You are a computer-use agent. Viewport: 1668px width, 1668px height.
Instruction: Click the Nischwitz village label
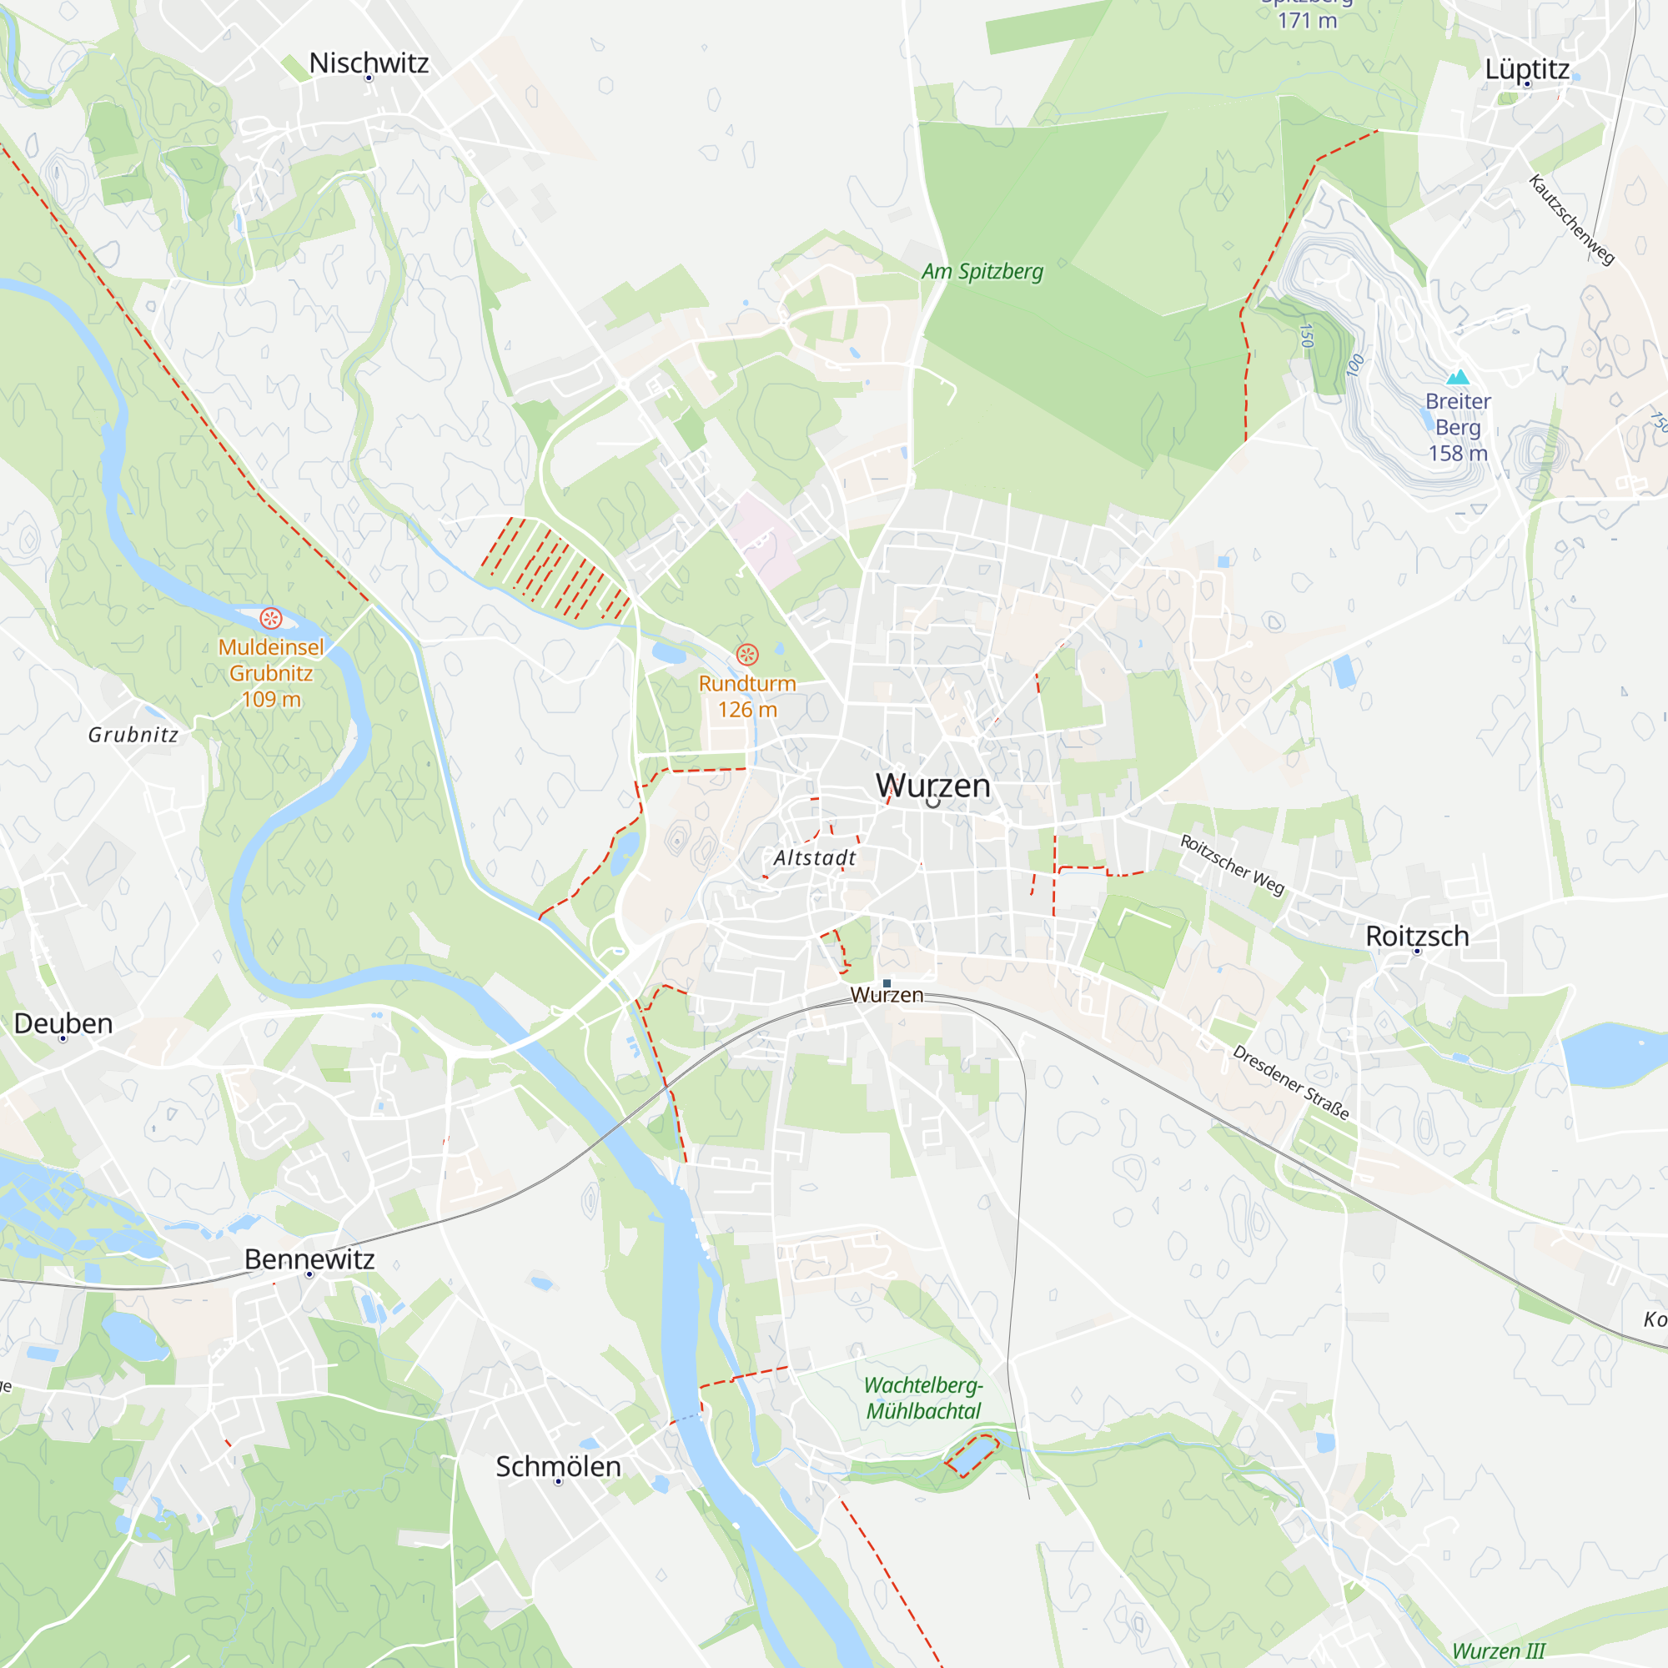[369, 63]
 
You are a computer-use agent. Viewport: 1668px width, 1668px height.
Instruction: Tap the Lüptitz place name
[1526, 69]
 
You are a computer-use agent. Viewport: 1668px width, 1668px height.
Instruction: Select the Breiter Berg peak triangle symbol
[1458, 377]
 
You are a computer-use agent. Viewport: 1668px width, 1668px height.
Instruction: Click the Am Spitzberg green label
[982, 271]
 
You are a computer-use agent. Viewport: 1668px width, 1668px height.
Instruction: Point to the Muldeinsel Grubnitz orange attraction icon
[271, 618]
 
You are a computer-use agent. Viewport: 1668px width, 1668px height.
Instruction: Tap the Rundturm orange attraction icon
[746, 656]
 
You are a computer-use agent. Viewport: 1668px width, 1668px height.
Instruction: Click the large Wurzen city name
[932, 785]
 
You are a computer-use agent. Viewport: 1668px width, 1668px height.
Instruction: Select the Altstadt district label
[814, 857]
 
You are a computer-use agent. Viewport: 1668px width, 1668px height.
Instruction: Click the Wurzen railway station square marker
[887, 983]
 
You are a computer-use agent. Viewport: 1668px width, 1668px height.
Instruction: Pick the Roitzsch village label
[1417, 936]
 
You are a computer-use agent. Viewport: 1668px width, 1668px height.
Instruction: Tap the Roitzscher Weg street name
[1232, 864]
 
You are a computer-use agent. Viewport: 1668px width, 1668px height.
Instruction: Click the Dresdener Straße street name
[1290, 1082]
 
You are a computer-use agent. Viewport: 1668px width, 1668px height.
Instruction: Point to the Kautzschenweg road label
[1570, 220]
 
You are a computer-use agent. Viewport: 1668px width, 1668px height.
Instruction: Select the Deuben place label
[63, 1023]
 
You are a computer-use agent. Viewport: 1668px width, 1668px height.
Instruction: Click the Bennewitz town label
[309, 1259]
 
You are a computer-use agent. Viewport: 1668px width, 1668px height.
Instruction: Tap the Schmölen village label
[558, 1466]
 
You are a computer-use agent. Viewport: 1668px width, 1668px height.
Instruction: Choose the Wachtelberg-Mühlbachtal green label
[924, 1398]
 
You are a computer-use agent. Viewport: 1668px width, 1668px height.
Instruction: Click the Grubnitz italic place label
[133, 735]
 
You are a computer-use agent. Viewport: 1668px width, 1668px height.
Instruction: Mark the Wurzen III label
[1499, 1650]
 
